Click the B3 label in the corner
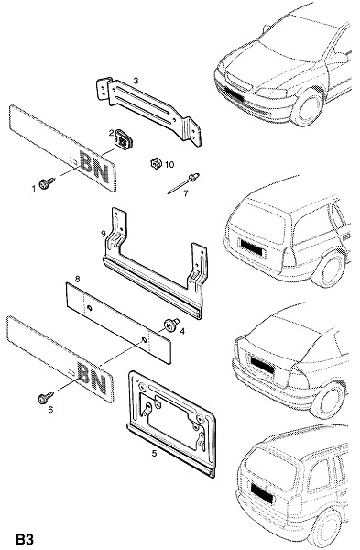25,539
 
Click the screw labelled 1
47,183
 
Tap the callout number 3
136,81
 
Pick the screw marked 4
171,324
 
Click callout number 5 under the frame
154,453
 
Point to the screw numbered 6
45,398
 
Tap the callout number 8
78,279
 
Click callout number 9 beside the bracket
104,234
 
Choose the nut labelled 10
156,163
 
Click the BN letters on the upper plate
94,167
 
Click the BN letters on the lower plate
92,379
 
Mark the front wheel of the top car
308,107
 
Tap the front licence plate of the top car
234,93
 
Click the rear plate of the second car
251,247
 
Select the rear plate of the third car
262,364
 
